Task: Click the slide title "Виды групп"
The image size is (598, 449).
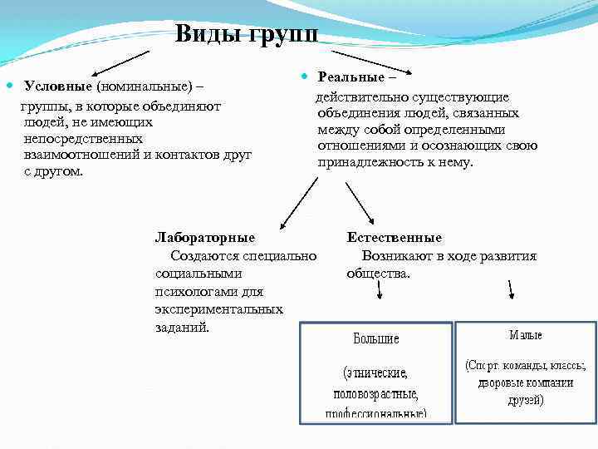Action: pos(246,34)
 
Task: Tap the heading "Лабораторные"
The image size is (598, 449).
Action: pos(205,238)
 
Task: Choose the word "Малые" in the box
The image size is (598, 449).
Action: pos(526,335)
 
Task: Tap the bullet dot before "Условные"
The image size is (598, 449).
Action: pos(10,85)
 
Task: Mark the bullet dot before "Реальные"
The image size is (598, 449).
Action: pos(305,76)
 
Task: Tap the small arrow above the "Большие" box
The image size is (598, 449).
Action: pos(379,291)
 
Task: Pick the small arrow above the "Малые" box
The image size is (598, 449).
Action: pos(511,288)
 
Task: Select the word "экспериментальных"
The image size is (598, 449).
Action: pos(218,308)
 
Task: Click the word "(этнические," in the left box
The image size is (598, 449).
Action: pos(375,373)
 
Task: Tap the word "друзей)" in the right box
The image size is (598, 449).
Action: pos(526,400)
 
